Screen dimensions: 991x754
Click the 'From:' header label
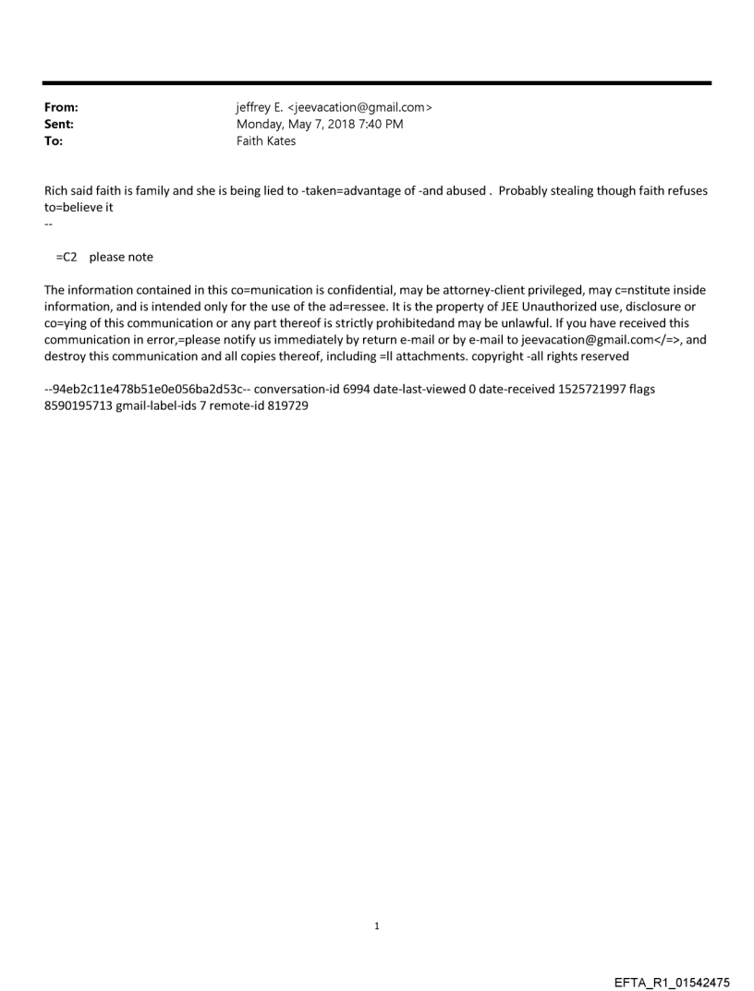60,107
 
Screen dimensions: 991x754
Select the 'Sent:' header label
58,124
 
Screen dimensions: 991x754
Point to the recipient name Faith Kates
266,141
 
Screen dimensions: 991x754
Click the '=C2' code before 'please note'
66,257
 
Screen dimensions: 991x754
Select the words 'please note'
121,257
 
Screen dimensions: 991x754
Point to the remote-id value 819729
286,405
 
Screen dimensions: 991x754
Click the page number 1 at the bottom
377,925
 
